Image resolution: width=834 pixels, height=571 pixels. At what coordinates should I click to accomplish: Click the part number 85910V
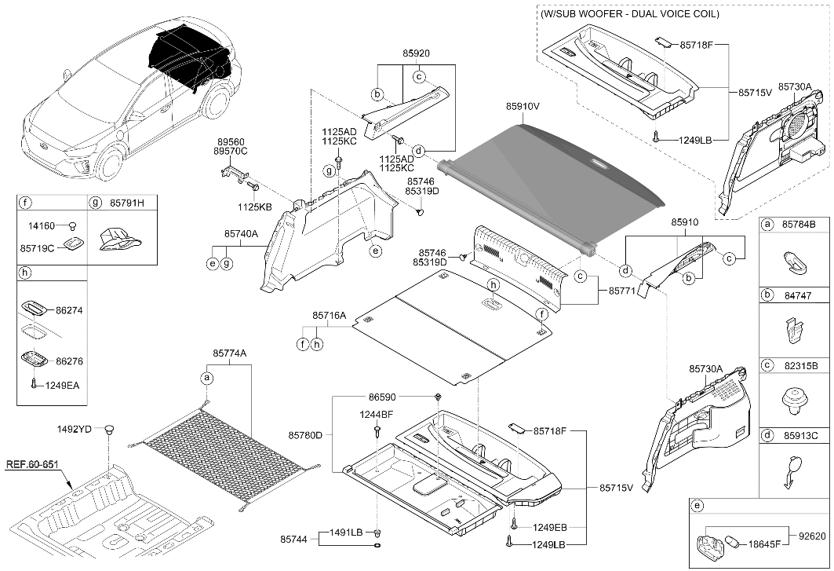coord(523,107)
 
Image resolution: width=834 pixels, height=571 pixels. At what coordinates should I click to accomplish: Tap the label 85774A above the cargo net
coord(230,353)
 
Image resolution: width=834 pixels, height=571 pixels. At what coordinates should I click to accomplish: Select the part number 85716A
coord(329,316)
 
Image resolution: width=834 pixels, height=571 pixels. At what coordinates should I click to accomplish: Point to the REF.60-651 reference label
coord(32,464)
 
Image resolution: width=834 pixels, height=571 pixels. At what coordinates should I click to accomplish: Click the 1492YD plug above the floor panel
coord(110,430)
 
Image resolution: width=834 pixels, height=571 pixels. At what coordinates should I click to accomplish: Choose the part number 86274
coord(69,310)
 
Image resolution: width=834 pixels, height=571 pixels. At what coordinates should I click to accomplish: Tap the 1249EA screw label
coord(62,385)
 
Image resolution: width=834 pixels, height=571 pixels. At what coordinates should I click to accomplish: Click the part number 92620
coord(812,536)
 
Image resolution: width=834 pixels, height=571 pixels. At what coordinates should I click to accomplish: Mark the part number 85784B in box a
coord(799,225)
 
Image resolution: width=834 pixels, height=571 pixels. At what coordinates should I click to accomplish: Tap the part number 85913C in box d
coord(799,435)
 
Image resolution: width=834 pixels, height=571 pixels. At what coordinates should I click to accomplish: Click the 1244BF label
coord(376,415)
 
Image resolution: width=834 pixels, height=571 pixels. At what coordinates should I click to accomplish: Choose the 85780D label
coord(305,435)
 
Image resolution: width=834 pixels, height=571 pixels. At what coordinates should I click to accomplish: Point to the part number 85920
coord(416,53)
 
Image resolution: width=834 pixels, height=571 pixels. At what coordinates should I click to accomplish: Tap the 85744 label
coord(294,539)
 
